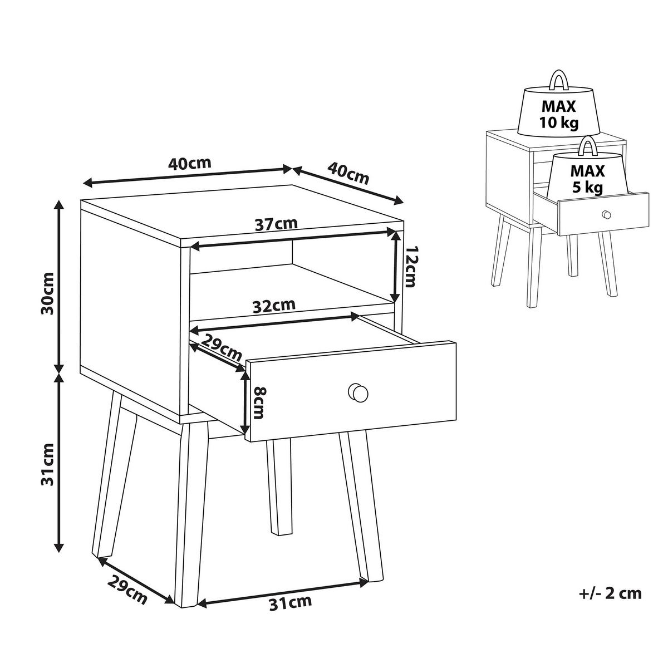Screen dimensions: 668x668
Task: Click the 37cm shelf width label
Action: [276, 224]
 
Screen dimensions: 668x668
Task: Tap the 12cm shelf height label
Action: [412, 267]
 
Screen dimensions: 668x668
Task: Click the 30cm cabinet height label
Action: [47, 293]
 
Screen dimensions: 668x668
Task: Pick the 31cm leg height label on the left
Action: [47, 464]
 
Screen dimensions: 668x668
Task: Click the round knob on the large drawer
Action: [358, 393]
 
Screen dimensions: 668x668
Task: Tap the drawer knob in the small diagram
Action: [606, 214]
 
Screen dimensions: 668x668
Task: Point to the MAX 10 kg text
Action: [558, 114]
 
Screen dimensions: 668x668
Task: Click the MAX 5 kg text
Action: [587, 179]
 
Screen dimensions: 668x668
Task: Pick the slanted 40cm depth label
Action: [348, 173]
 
